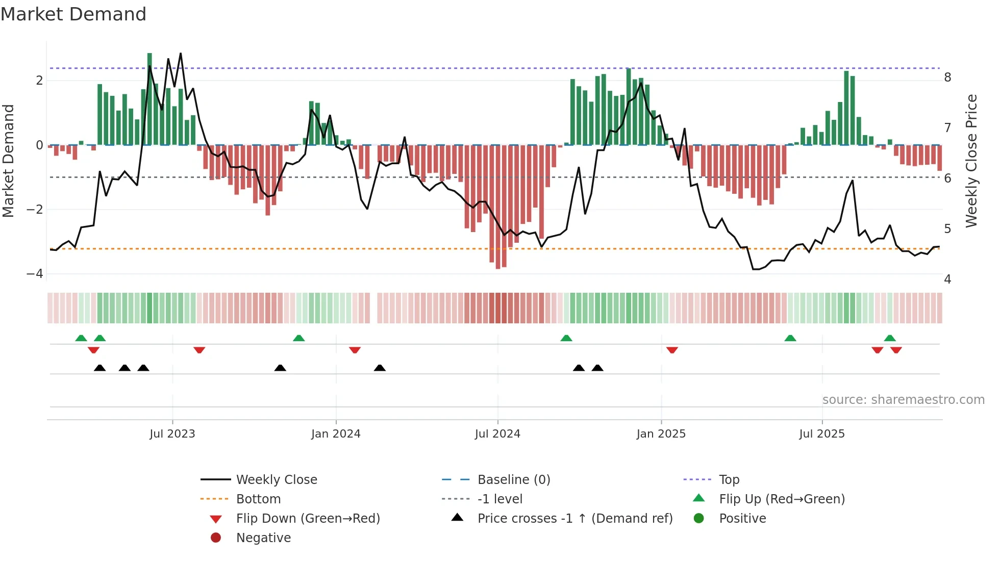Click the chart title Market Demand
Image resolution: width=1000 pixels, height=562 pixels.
[73, 14]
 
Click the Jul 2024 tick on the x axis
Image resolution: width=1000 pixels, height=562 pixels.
[497, 434]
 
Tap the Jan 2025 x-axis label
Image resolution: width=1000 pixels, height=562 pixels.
[661, 434]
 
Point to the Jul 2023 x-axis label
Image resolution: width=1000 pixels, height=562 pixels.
[172, 434]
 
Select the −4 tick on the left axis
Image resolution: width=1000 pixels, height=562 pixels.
[35, 274]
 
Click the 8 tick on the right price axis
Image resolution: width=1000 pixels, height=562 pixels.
[947, 78]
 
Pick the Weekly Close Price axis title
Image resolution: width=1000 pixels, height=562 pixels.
[971, 161]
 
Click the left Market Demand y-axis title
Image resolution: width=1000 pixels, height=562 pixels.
[9, 161]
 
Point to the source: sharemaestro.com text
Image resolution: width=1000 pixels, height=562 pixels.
[903, 400]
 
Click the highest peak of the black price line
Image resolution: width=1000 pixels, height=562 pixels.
[181, 54]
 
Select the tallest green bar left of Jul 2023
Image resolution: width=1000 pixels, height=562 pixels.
[149, 56]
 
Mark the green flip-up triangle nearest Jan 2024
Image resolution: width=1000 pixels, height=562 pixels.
[299, 338]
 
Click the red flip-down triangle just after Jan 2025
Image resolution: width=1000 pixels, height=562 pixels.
[672, 350]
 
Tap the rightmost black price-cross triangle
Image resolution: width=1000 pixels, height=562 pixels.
[597, 368]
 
